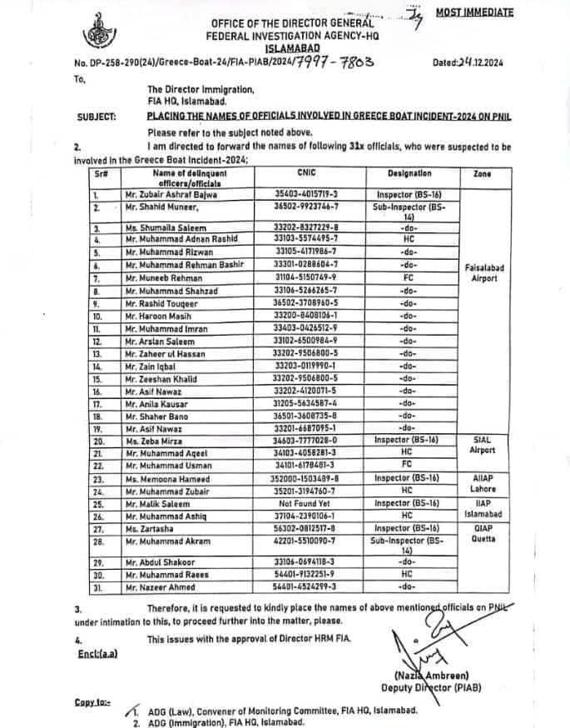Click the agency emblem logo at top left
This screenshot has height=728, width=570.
96,34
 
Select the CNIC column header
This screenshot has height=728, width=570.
287,173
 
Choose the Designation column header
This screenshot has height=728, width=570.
409,173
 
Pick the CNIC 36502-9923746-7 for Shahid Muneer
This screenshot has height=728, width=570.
287,205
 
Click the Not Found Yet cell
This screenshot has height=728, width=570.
287,505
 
